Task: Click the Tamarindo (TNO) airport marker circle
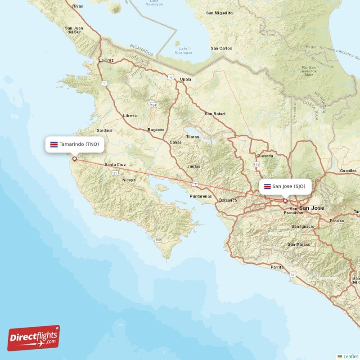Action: click(75, 158)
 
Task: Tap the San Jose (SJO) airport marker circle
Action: click(285, 201)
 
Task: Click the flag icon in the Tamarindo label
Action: click(54, 144)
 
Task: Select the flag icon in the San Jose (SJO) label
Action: click(267, 186)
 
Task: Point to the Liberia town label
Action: click(130, 116)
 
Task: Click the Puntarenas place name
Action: click(201, 196)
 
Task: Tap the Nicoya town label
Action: click(129, 180)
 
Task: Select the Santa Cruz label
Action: click(115, 165)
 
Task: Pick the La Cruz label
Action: click(106, 60)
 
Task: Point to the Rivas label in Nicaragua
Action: click(78, 6)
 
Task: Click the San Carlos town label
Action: click(221, 48)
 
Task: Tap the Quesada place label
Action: click(264, 156)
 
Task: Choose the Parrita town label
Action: click(277, 267)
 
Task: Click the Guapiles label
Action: click(348, 171)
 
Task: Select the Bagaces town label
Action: click(156, 130)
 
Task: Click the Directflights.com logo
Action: click(34, 338)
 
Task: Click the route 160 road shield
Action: click(158, 239)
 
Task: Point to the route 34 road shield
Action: click(293, 274)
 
